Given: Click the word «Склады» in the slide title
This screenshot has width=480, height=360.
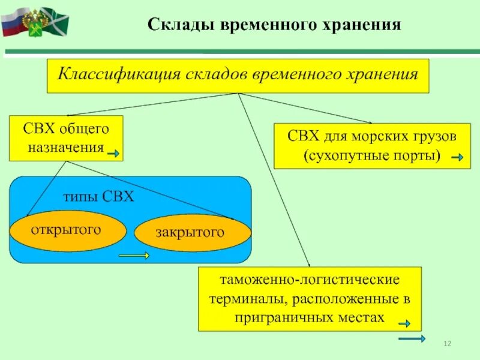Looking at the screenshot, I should pos(176,25).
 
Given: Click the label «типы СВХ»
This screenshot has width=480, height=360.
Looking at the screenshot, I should pos(98,197).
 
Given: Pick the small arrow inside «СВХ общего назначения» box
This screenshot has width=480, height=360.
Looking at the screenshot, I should pos(113,154).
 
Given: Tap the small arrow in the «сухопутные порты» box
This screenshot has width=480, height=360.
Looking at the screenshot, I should pos(457,158).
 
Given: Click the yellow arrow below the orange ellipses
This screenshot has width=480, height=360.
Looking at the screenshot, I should pos(134,256).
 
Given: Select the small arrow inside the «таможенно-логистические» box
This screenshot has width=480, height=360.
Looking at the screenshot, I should pos(403,323).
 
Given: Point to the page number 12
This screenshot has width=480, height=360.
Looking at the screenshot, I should pos(447,343).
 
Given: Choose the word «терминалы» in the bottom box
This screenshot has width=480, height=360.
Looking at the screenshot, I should pos(236,299).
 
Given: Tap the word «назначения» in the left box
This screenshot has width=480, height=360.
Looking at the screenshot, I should pos(65,147).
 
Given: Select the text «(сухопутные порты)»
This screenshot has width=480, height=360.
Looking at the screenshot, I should pos(372,156).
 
